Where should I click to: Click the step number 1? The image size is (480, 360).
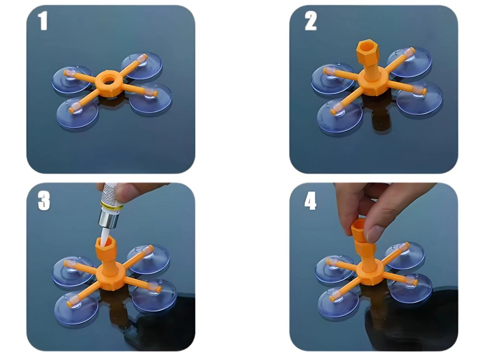point(43,21)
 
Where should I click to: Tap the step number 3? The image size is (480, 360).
point(44,201)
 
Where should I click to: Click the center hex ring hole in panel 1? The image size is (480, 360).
point(108,81)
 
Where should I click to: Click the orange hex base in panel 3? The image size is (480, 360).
point(111,278)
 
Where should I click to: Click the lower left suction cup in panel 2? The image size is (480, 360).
point(340,116)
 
